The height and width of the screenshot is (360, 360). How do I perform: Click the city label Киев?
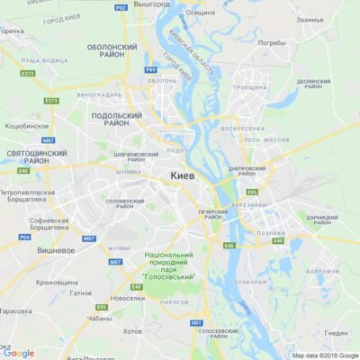pyautogui.click(x=182, y=176)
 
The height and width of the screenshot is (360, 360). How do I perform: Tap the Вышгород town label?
pyautogui.click(x=150, y=4)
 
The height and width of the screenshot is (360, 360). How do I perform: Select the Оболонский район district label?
pyautogui.click(x=114, y=50)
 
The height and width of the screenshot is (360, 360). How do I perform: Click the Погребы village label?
pyautogui.click(x=271, y=42)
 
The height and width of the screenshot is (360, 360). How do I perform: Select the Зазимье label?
pyautogui.click(x=310, y=19)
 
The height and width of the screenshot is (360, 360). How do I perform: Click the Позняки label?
pyautogui.click(x=271, y=232)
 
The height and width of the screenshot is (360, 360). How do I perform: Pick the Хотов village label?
pyautogui.click(x=132, y=331)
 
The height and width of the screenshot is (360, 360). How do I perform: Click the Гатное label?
pyautogui.click(x=80, y=292)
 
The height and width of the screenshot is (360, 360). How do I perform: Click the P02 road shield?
pyautogui.click(x=121, y=7)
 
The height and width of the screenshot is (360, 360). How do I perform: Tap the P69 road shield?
pyautogui.click(x=151, y=68)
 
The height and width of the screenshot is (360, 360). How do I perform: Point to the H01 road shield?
pyautogui.click(x=196, y=321)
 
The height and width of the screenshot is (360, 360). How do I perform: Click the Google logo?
pyautogui.click(x=18, y=353)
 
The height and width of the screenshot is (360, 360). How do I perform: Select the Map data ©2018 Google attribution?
pyautogui.click(x=324, y=355)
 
